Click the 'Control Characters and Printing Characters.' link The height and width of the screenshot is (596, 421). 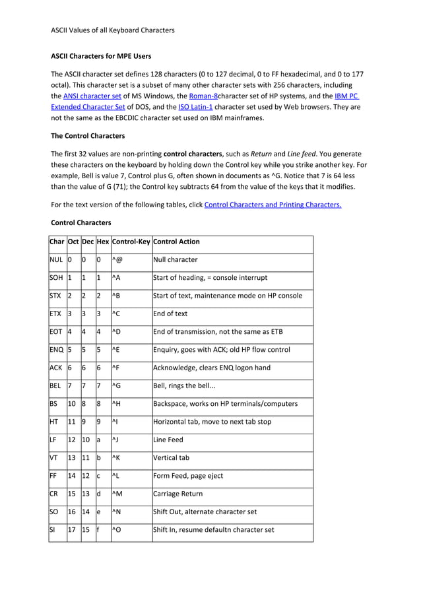[x=273, y=205]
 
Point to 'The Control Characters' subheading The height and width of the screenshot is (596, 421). [x=88, y=136]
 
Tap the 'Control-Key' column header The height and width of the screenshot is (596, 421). [x=131, y=242]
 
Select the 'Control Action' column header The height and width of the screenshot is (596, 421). [x=176, y=242]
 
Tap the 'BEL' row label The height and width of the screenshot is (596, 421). [x=55, y=385]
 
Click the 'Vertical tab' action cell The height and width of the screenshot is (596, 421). [x=172, y=457]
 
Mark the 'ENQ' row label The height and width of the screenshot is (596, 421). [x=56, y=350]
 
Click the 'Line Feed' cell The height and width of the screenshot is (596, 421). [x=168, y=440]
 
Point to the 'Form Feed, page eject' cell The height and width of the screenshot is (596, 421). [x=189, y=475]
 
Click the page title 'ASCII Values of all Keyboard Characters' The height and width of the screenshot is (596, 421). [x=113, y=30]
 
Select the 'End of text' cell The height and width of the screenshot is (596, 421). [x=170, y=314]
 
